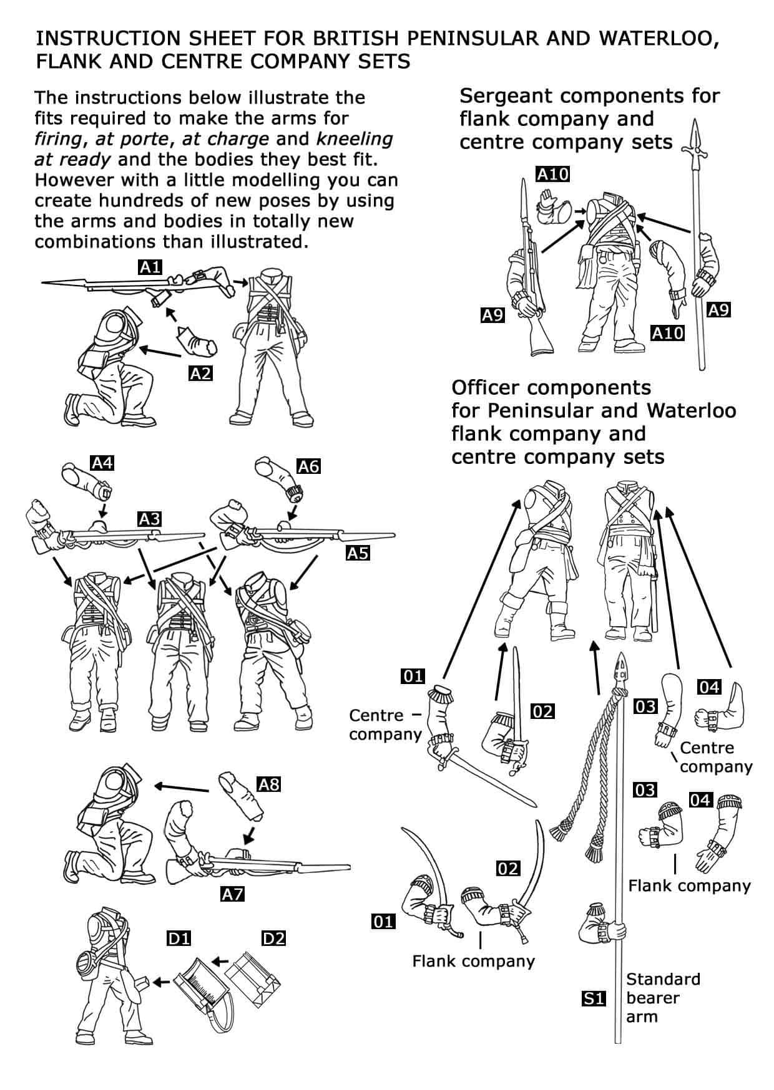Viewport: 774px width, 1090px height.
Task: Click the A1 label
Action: [150, 268]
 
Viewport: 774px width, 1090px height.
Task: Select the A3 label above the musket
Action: [150, 519]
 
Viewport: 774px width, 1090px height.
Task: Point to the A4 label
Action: [102, 463]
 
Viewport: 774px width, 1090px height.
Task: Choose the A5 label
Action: [358, 552]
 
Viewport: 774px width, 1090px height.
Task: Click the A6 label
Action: [308, 466]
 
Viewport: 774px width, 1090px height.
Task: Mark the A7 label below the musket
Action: [232, 894]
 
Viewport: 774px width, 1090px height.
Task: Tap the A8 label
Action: [269, 784]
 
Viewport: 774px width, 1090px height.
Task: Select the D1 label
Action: [179, 938]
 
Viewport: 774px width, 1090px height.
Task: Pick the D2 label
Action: [273, 938]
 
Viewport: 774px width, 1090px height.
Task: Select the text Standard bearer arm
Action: [662, 998]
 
